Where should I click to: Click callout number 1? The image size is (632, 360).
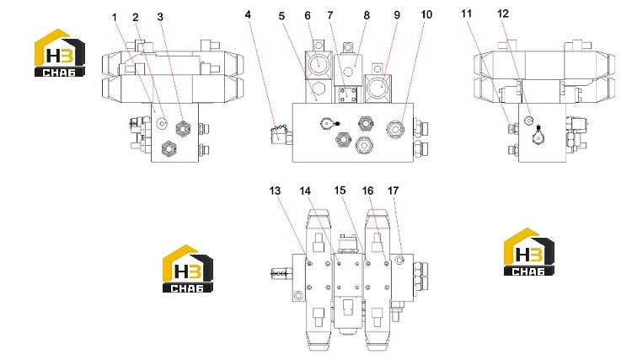pyautogui.click(x=115, y=18)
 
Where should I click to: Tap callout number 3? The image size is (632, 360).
pyautogui.click(x=160, y=17)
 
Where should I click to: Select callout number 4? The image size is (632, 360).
pyautogui.click(x=248, y=15)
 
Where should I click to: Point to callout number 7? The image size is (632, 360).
pyautogui.click(x=330, y=15)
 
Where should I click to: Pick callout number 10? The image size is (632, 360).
pyautogui.click(x=426, y=15)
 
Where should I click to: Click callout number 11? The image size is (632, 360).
pyautogui.click(x=466, y=14)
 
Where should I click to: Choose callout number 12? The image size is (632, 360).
pyautogui.click(x=503, y=14)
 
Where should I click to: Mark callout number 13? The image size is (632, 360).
pyautogui.click(x=275, y=191)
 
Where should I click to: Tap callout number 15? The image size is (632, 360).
pyautogui.click(x=340, y=191)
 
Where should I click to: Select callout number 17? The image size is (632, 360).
pyautogui.click(x=394, y=191)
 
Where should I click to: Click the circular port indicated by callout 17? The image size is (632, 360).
pyautogui.click(x=399, y=260)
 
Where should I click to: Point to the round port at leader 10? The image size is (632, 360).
pyautogui.click(x=395, y=129)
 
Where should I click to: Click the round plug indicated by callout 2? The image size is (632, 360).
pyautogui.click(x=163, y=122)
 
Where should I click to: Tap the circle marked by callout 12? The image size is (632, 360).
pyautogui.click(x=529, y=120)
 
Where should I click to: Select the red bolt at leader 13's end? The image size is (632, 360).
pyautogui.click(x=309, y=264)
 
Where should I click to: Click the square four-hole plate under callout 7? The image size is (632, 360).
pyautogui.click(x=348, y=96)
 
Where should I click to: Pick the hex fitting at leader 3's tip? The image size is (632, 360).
pyautogui.click(x=183, y=128)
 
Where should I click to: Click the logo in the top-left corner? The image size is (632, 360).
pyautogui.click(x=60, y=53)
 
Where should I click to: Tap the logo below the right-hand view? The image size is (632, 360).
pyautogui.click(x=529, y=252)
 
